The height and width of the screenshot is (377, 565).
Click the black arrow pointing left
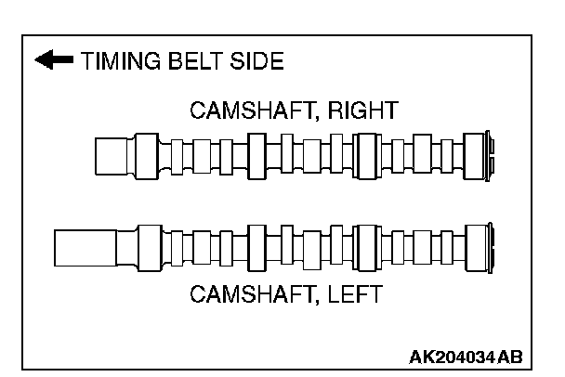tap(54, 62)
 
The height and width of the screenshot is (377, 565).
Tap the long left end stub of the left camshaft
tap(85, 248)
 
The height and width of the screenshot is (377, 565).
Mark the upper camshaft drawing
tap(297, 156)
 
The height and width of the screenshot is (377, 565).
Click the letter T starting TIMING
tap(86, 62)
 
